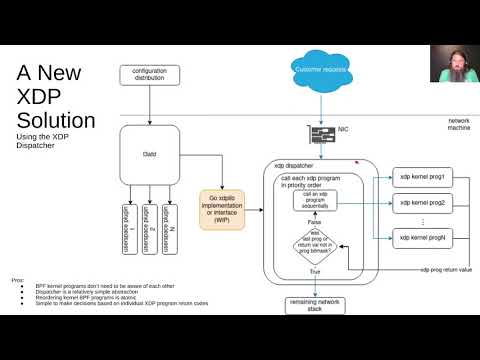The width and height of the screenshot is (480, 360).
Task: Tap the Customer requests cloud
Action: [320, 69]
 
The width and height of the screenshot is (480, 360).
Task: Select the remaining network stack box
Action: [317, 304]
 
